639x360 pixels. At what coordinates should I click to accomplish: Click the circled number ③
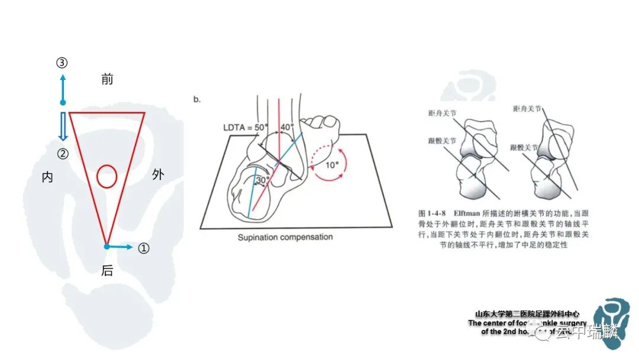coord(63,63)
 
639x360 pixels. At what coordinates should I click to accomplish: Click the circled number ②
coord(63,154)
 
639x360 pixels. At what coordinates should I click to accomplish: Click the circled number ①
coord(143,248)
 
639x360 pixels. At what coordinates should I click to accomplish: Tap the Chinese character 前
coord(107,79)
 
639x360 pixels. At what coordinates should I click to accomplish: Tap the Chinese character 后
coord(107,271)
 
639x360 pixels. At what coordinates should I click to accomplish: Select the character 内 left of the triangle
coord(47,177)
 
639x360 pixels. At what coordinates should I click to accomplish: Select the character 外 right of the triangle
coord(158,175)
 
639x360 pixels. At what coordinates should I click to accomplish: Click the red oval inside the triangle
coord(106,176)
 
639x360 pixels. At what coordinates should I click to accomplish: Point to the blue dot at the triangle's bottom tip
coord(106,246)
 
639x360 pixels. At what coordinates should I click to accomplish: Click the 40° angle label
coord(288,127)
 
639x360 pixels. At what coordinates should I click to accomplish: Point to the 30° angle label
coord(262,179)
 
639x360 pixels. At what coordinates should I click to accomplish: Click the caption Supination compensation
coord(285,237)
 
